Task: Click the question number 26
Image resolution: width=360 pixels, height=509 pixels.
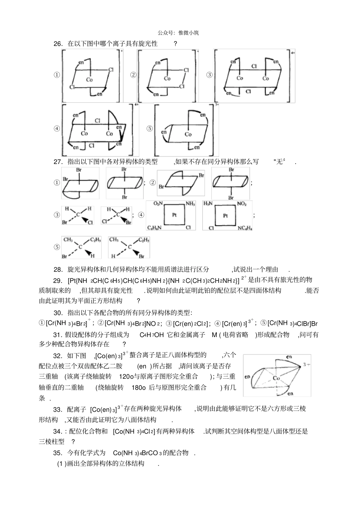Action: pos(58,44)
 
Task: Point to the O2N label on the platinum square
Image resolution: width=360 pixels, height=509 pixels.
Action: pos(158,204)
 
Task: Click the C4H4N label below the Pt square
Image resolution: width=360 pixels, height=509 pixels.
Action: pos(155,228)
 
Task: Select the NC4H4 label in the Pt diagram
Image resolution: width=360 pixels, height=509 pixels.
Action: pos(245,228)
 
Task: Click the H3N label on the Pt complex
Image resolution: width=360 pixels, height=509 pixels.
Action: pos(208,204)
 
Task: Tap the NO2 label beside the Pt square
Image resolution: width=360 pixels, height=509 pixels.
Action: pos(242,204)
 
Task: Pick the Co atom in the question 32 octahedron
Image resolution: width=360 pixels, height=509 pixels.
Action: pos(276,378)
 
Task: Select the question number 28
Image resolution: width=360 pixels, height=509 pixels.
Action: pos(58,270)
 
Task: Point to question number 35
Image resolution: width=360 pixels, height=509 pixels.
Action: pos(58,453)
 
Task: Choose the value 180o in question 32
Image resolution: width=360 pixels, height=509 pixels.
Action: pos(139,387)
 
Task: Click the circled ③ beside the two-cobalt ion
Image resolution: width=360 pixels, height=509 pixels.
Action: pos(209,75)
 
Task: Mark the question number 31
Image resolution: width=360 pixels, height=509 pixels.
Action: pos(58,335)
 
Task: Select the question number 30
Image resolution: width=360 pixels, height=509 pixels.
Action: pos(58,313)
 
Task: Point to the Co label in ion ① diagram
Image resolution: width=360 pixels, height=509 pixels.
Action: pos(89,80)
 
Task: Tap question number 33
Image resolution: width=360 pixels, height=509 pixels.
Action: pos(58,409)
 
